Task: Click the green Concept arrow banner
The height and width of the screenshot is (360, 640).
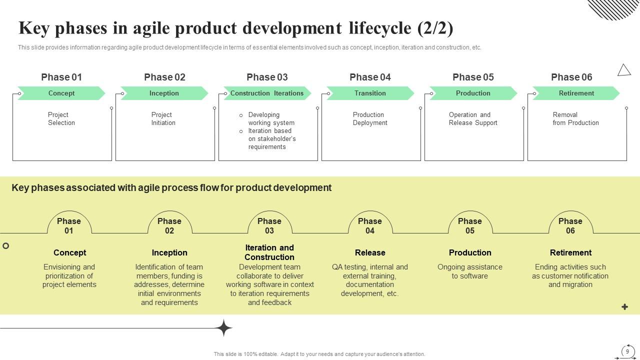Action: click(x=61, y=93)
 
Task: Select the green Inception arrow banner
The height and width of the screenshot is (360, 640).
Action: click(x=164, y=93)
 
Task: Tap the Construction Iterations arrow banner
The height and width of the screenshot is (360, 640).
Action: click(x=267, y=93)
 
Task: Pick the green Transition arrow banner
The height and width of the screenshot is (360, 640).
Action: click(x=370, y=93)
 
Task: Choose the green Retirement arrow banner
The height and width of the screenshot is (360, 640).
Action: click(x=576, y=93)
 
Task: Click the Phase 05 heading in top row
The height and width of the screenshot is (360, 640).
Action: click(x=473, y=77)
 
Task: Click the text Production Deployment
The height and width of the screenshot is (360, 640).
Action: click(x=370, y=119)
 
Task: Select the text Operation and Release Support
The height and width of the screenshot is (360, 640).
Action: click(x=473, y=119)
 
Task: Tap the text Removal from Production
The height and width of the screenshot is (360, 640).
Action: click(x=575, y=119)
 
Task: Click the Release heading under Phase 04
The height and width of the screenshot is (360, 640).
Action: click(x=370, y=253)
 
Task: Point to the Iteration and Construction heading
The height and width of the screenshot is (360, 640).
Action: click(x=269, y=252)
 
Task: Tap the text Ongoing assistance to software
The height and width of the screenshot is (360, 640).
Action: click(x=470, y=271)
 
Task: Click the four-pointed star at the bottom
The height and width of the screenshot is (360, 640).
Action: click(x=224, y=328)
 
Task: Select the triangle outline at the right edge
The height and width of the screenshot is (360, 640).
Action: click(x=624, y=70)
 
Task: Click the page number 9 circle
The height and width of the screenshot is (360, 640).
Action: click(x=627, y=351)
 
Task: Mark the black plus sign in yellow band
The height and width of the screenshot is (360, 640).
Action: click(x=624, y=307)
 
